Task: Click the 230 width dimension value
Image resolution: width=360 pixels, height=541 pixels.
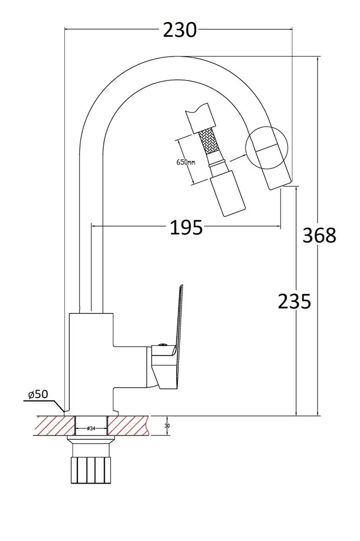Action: [179, 30]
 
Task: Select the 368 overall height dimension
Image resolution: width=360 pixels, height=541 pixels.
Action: [319, 236]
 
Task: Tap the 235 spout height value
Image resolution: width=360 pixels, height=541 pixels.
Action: [295, 301]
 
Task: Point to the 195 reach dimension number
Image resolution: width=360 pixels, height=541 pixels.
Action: [186, 228]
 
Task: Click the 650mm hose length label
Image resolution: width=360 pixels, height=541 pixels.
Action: [186, 162]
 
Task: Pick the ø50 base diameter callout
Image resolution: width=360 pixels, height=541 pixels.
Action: [38, 394]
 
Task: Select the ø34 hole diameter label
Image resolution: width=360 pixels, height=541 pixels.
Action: [91, 428]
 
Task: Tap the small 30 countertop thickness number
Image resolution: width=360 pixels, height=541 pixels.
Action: [167, 426]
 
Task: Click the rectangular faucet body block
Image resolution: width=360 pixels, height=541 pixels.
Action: [91, 362]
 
